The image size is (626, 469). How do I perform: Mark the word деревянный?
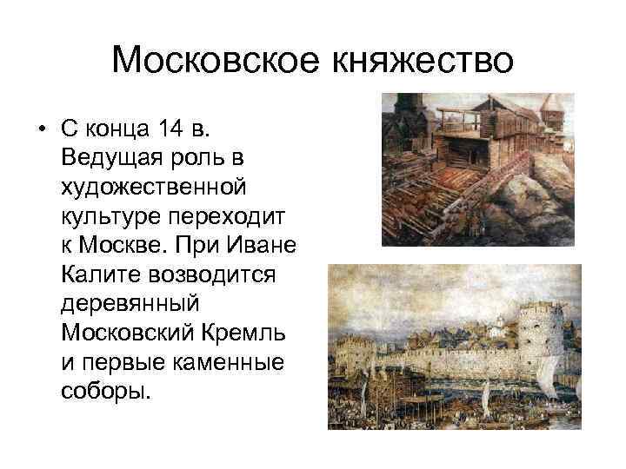click(x=131, y=305)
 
